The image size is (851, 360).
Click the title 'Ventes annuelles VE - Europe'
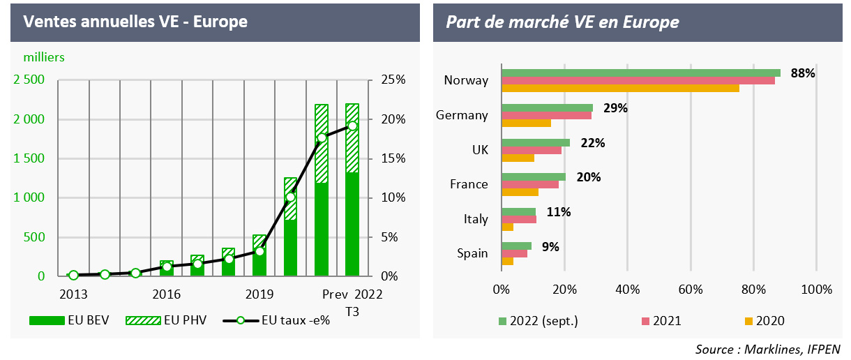(135, 22)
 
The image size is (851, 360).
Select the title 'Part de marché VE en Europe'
(562, 22)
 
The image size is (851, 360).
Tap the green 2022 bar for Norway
(640, 73)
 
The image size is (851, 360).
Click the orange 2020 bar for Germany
(526, 123)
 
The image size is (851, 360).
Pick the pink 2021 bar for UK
(531, 150)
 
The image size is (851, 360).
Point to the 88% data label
(803, 73)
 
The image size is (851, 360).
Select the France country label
(469, 184)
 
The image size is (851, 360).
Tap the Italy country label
(476, 219)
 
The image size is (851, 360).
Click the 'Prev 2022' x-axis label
(352, 294)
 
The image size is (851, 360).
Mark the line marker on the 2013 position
(73, 276)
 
